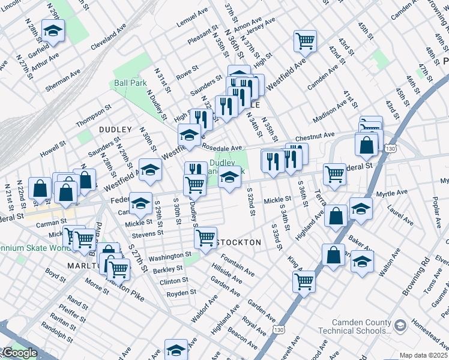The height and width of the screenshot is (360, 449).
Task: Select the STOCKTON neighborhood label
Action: click(x=240, y=242)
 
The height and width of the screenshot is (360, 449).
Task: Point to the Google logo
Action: click(x=19, y=353)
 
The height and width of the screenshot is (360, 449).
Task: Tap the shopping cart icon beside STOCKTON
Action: click(x=206, y=238)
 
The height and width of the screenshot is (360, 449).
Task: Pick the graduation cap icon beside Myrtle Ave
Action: click(x=361, y=208)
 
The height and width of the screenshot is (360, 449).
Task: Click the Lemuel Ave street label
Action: click(x=192, y=24)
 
